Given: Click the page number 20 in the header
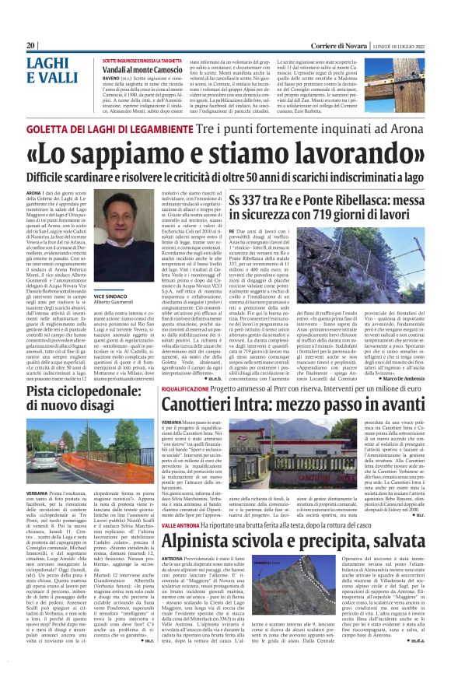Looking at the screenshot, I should pyautogui.click(x=31, y=45).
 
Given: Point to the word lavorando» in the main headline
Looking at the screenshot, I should pyautogui.click(x=347, y=154).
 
